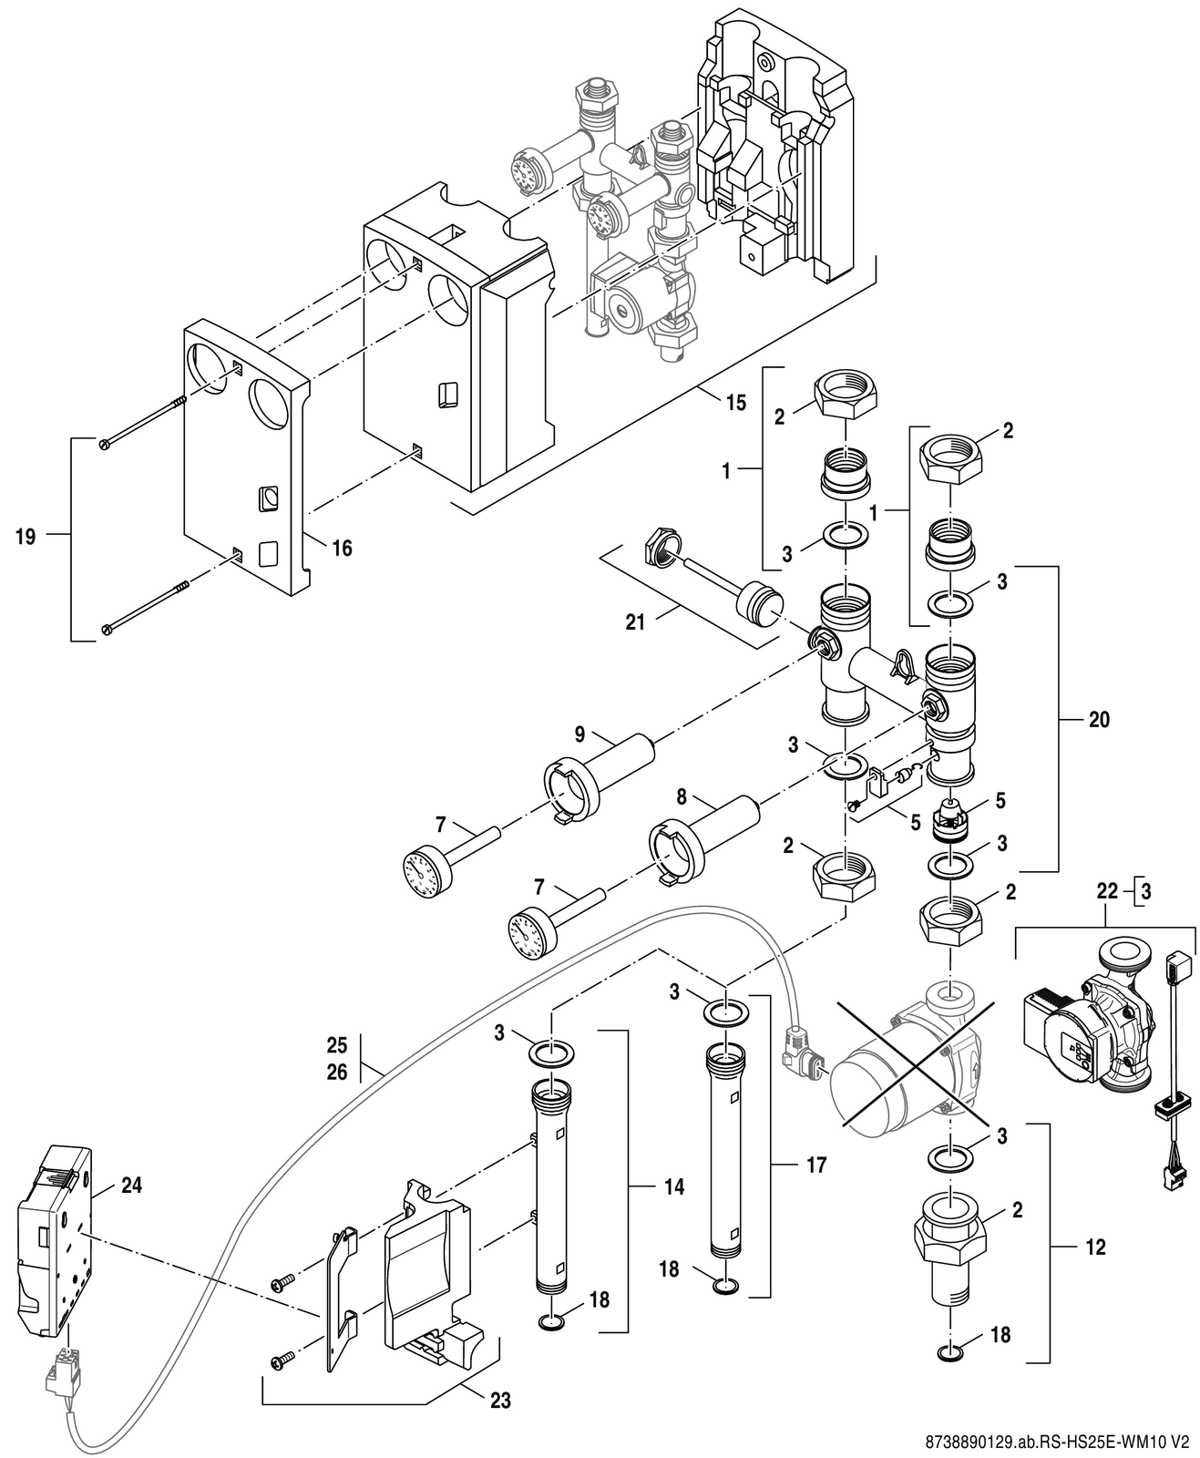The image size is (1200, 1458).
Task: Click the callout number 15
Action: pos(736,403)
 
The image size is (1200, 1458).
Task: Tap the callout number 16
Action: pos(342,549)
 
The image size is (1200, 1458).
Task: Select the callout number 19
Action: pos(26,537)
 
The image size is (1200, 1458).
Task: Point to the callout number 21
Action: pos(634,622)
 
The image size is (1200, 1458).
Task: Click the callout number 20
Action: pos(1099,720)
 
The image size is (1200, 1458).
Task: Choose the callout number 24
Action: pos(131,1185)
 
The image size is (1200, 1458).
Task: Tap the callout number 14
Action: pos(674,1187)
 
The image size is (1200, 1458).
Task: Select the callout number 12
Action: pos(1095,1248)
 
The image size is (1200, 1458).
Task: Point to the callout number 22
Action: pos(1107,892)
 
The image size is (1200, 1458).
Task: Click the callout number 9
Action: pos(579,734)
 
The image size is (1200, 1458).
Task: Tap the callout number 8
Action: pos(682,797)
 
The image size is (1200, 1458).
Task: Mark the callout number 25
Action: pos(337,1044)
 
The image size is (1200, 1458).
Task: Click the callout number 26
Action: pos(337,1073)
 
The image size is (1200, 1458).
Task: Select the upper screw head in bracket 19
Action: pos(105,442)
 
